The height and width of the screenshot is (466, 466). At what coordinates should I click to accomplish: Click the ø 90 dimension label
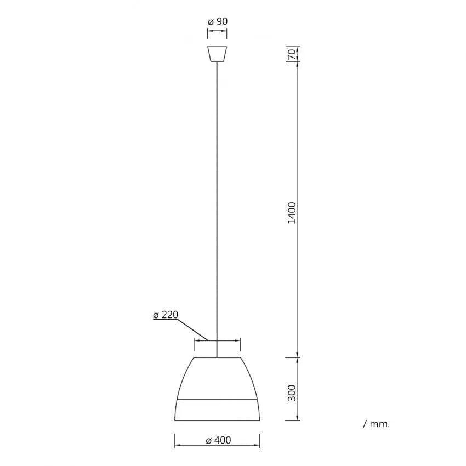point(217,21)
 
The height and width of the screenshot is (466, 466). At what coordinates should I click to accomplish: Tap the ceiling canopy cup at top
point(217,54)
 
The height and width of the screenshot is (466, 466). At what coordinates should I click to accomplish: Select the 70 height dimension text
point(292,53)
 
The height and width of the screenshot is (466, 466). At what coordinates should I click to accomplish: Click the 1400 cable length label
point(292,212)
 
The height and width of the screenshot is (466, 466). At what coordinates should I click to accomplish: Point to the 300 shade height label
point(292,392)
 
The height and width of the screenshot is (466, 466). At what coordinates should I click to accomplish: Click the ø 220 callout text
point(166,315)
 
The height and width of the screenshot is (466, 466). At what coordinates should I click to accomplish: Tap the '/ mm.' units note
point(376,424)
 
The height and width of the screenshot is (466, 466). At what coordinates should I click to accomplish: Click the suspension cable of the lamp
point(217,208)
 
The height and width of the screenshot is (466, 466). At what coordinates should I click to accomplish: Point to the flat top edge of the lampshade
point(217,357)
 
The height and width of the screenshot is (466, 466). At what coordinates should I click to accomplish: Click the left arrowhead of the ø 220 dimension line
point(196,340)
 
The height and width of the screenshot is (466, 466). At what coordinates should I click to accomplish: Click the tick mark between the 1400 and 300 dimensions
point(297,357)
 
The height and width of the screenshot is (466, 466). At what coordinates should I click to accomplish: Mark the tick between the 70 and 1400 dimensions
point(297,61)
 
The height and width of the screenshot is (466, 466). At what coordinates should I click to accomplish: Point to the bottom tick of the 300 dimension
point(297,421)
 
